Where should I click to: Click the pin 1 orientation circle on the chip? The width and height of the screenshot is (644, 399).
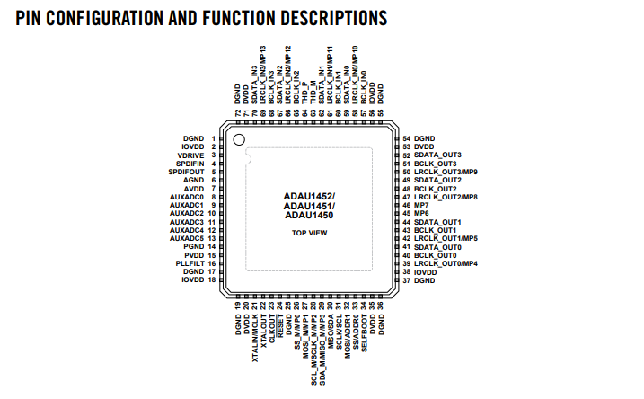point(239,139)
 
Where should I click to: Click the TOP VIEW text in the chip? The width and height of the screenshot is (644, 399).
point(309,233)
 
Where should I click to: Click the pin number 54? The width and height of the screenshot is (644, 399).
point(407,138)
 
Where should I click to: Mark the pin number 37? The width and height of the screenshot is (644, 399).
point(407,280)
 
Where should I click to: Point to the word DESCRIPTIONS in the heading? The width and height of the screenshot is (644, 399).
point(312,18)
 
